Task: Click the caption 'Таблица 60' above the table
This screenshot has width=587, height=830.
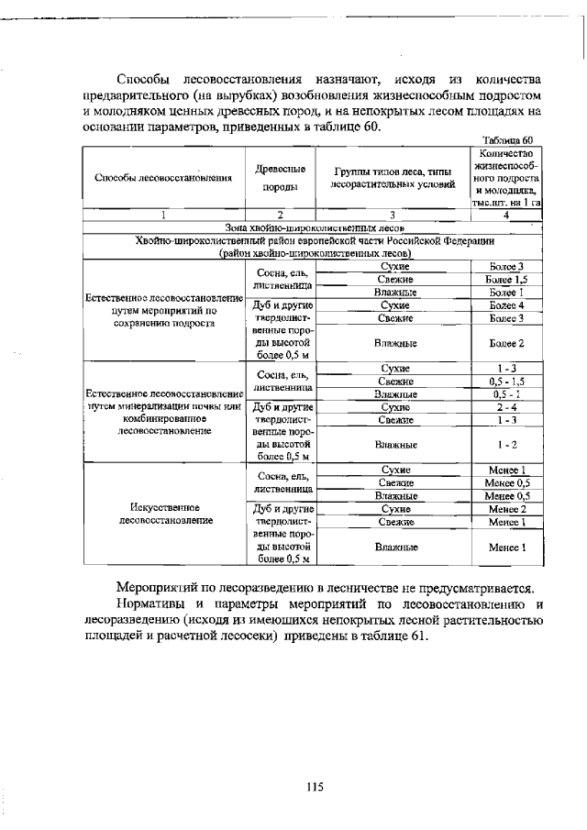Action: [514, 139]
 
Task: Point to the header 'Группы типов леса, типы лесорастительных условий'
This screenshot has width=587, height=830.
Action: [393, 178]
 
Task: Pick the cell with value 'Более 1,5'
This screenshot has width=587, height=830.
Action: [506, 279]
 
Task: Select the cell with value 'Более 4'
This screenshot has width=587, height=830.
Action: [506, 304]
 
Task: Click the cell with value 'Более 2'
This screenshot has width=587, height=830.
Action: [506, 343]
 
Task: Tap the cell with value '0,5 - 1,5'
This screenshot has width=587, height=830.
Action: [506, 381]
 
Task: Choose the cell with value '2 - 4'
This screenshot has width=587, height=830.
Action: [506, 406]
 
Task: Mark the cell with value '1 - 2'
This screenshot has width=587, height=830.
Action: [506, 445]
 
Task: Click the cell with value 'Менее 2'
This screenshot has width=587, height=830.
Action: [506, 508]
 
